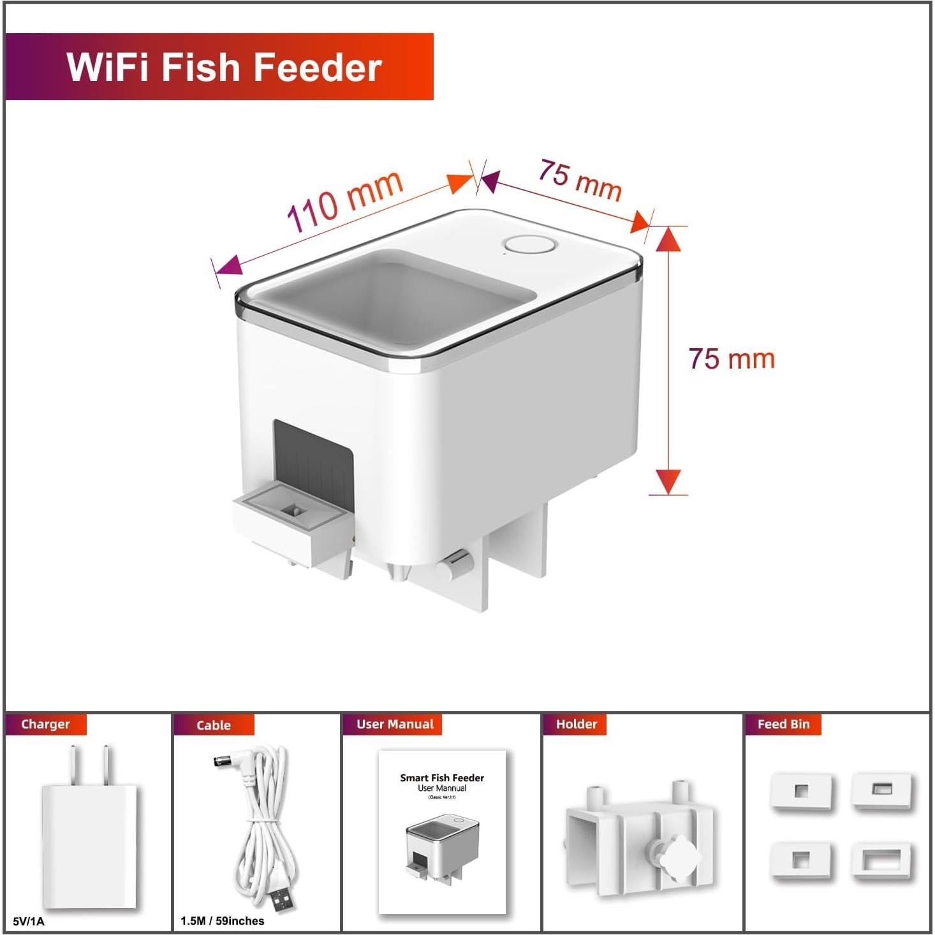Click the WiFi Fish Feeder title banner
point(219,66)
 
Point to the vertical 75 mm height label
point(732,359)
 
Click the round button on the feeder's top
point(530,245)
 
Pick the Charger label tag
point(45,725)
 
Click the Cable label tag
point(214,725)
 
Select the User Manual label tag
point(395,725)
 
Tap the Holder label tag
point(577,725)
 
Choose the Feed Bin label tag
point(783,725)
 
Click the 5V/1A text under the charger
point(29,921)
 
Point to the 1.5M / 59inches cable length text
point(222,921)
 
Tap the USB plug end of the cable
point(281,897)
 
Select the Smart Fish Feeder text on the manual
point(442,778)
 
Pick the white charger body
point(89,845)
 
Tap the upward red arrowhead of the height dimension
point(668,239)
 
